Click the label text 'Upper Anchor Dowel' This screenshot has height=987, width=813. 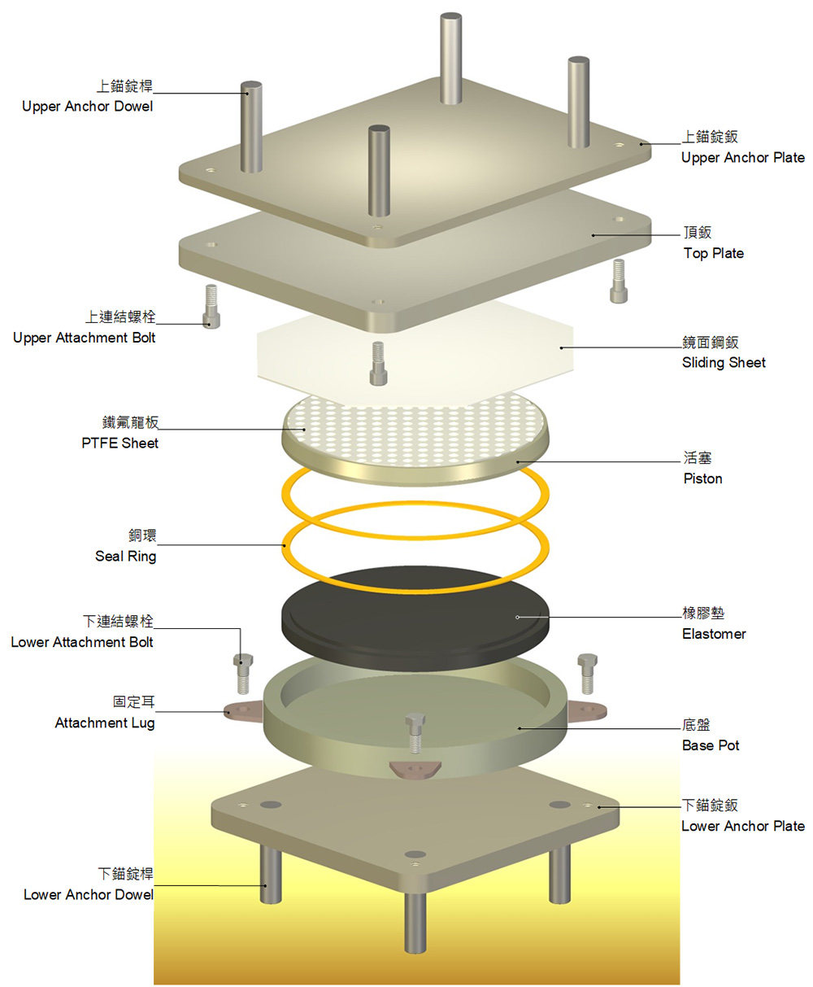pos(87,107)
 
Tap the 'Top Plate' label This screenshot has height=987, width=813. pos(713,253)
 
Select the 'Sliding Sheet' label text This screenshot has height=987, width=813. pos(724,363)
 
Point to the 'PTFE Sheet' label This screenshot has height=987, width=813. pos(120,443)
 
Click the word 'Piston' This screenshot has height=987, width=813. pos(702,478)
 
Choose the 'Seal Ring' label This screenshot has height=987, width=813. pos(125,557)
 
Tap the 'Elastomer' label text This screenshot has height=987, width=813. pos(714,634)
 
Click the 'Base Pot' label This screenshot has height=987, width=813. pos(711,745)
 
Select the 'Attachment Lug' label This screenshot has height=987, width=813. pos(104,723)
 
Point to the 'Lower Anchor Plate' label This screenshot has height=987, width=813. pos(742,826)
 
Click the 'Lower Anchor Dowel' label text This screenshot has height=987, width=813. pos(88,895)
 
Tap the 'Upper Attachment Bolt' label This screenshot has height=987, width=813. pos(84,338)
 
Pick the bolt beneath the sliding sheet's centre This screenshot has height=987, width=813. pos(377,363)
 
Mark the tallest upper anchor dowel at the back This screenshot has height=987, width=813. pos(451,57)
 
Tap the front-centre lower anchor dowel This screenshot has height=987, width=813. pos(415,919)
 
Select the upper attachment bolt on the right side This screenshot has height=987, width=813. pos(620,281)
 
